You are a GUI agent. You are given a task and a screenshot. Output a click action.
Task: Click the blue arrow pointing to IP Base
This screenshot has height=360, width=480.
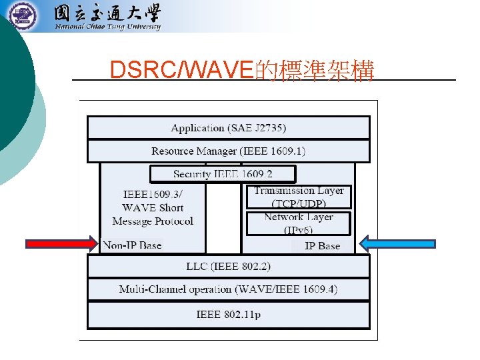click(x=397, y=243)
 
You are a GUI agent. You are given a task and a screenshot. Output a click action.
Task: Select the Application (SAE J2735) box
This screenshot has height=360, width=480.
click(x=228, y=127)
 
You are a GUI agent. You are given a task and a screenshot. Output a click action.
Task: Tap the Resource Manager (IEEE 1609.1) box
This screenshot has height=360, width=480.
click(x=228, y=151)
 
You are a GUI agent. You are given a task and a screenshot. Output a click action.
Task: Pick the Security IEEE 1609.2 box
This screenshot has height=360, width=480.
click(x=223, y=174)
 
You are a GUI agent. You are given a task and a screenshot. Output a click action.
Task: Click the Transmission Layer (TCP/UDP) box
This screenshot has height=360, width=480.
click(x=299, y=197)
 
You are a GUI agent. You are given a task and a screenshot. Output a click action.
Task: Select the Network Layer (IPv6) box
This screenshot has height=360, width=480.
click(x=299, y=223)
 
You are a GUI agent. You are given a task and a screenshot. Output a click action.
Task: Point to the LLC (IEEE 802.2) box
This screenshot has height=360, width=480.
click(x=228, y=267)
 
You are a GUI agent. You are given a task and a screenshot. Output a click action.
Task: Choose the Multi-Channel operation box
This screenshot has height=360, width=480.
click(x=228, y=289)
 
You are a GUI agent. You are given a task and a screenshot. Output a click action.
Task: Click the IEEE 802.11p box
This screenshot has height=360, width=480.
click(x=228, y=314)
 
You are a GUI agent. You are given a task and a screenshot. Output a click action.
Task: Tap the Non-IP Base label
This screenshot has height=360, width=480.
click(x=133, y=245)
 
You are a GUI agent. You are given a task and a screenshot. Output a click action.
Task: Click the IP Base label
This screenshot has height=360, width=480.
click(x=322, y=246)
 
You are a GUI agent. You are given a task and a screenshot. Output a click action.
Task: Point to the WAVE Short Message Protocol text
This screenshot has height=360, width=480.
click(x=153, y=215)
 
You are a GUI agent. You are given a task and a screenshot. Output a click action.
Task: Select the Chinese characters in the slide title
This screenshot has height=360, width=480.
click(x=315, y=69)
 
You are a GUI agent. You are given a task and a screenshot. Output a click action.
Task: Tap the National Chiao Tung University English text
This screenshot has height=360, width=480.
click(x=107, y=27)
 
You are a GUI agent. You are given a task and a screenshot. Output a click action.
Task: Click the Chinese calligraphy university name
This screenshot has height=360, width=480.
click(x=107, y=13)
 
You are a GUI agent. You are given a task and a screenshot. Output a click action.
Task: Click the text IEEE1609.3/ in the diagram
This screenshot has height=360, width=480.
click(x=153, y=194)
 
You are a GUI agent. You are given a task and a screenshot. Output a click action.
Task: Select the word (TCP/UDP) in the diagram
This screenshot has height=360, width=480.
click(x=299, y=203)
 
